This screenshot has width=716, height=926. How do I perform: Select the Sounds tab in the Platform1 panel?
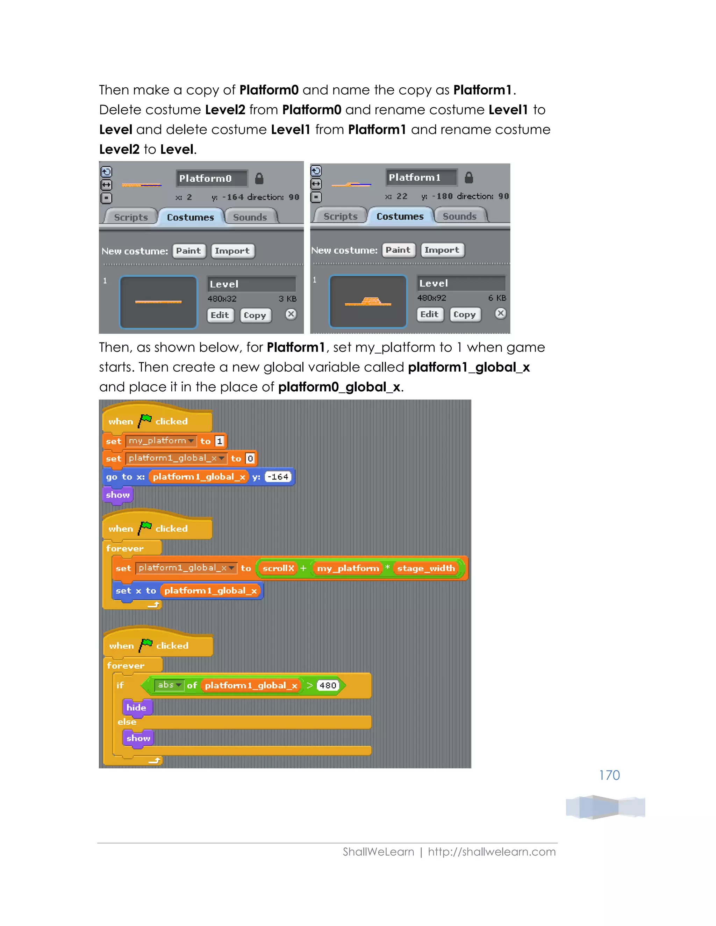click(459, 216)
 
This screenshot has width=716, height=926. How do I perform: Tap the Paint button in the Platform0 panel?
click(189, 251)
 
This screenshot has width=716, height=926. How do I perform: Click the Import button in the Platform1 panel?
click(442, 250)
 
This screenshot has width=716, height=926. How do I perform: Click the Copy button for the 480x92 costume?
click(465, 314)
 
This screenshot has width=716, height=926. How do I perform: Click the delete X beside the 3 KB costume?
click(291, 314)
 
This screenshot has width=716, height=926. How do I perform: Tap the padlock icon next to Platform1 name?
click(469, 177)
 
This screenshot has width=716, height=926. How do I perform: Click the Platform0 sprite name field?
click(211, 179)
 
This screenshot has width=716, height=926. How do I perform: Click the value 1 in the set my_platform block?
click(219, 441)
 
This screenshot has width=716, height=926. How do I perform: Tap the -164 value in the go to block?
click(278, 477)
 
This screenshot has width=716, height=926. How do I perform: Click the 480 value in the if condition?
click(328, 685)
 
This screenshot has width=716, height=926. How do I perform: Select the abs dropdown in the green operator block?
click(169, 685)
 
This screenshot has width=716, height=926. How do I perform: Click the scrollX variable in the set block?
click(278, 568)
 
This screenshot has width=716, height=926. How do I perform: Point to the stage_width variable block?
click(425, 568)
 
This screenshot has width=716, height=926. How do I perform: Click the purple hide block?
click(136, 707)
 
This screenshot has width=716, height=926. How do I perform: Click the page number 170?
click(609, 775)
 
